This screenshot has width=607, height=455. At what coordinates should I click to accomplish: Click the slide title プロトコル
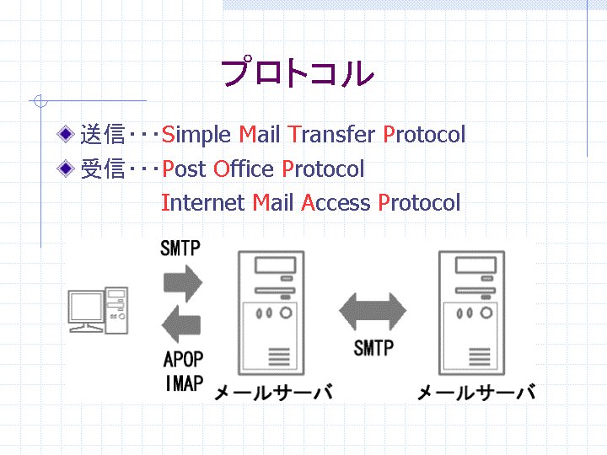pos(298,72)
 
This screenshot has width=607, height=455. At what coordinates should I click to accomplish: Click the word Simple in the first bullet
pos(196,135)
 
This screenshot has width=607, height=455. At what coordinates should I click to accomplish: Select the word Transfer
pos(331,134)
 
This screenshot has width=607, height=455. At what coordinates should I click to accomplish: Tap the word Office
pos(244,169)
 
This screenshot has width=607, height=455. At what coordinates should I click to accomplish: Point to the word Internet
pos(202,202)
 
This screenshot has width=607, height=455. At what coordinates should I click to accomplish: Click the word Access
pos(336,202)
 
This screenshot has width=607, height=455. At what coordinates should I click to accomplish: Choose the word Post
pos(184,169)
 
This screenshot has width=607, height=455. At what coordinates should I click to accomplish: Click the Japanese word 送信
pos(103,134)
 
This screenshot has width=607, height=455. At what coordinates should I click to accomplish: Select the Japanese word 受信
pos(103,169)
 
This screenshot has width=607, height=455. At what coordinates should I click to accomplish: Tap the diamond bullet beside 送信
pos(66,134)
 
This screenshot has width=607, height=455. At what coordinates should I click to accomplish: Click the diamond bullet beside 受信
pos(66,169)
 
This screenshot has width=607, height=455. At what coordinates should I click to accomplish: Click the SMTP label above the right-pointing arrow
pos(180,249)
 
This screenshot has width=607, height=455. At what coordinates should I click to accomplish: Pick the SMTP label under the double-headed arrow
pos(373,348)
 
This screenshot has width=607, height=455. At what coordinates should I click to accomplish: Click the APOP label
pos(184,360)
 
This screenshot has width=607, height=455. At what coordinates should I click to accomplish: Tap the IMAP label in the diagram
pos(185,384)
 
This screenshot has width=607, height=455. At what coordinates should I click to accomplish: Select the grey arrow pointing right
pos(183,283)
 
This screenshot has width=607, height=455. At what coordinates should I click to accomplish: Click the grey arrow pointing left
pos(181,324)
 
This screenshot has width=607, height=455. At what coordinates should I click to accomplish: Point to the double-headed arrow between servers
pos(373,311)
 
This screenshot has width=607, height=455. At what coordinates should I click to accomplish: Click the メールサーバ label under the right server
pos(476,393)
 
